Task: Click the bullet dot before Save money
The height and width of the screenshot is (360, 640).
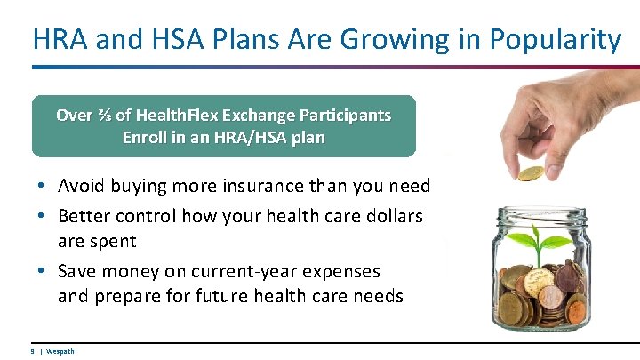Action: [x=43, y=271]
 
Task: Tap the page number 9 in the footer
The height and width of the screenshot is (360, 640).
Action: [x=33, y=351]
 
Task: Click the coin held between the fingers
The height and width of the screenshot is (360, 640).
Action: [x=532, y=172]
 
